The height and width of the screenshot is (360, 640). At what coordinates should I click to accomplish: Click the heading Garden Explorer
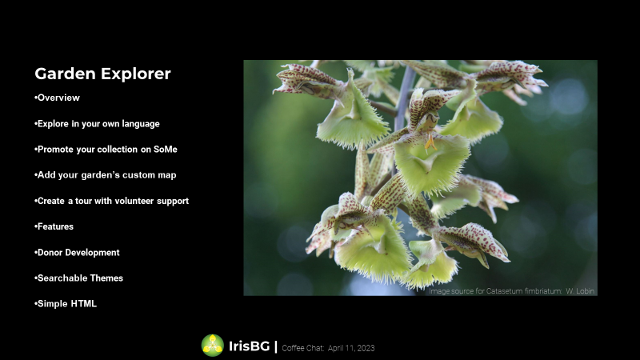[x=102, y=74]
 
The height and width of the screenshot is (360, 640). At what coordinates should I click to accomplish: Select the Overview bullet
[x=57, y=98]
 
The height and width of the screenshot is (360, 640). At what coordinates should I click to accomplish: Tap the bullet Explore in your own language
[x=97, y=124]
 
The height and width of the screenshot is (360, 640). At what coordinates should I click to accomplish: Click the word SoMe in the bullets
[x=166, y=150]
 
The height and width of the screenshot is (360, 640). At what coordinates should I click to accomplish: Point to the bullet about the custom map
[x=106, y=175]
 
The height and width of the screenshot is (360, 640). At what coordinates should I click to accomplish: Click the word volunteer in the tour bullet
[x=137, y=201]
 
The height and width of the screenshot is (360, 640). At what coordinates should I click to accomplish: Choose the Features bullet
[x=54, y=226]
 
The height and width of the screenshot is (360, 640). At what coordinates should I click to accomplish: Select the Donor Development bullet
[x=77, y=253]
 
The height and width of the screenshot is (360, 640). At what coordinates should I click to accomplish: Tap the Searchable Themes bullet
[x=78, y=278]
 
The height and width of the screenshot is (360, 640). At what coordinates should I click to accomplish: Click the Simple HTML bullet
[x=66, y=304]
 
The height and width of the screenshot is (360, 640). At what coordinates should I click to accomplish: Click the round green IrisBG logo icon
[x=213, y=346]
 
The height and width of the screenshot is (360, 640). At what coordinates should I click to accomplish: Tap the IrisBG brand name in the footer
[x=249, y=346]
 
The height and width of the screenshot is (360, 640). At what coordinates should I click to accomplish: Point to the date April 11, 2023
[x=351, y=348]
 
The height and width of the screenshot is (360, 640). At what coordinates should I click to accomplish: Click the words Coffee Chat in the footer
[x=302, y=348]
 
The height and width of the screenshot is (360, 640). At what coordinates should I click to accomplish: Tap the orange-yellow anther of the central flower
[x=430, y=143]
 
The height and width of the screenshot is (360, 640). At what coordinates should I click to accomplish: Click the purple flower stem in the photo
[x=403, y=98]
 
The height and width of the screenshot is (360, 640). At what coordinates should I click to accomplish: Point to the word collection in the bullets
[x=118, y=150]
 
